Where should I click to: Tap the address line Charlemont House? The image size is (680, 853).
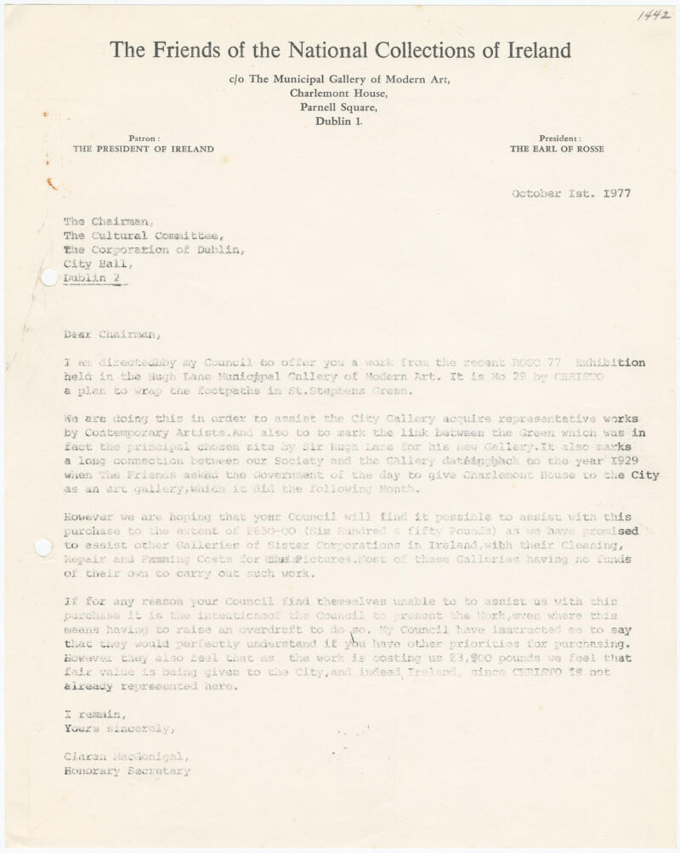[x=339, y=94]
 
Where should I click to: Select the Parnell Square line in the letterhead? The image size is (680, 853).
[x=339, y=107]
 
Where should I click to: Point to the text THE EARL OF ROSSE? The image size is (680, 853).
[x=557, y=149]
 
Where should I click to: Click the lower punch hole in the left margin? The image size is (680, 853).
[x=42, y=548]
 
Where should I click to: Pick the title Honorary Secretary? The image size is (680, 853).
[x=127, y=771]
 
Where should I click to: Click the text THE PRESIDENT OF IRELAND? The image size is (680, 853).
[x=143, y=149]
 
